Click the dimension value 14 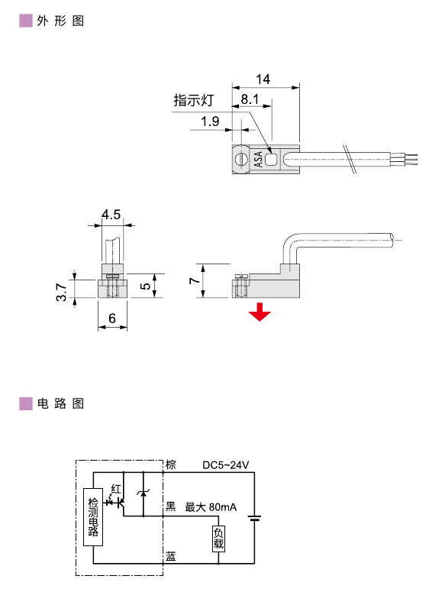point(263,79)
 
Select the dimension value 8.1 point(250,99)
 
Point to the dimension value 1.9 point(211,121)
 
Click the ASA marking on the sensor point(258,158)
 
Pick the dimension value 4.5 point(111,215)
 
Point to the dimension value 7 point(195,281)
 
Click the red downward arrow point(260,312)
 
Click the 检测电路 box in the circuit point(93,517)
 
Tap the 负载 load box point(218,539)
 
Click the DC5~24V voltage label point(226,465)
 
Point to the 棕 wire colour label point(171,465)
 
